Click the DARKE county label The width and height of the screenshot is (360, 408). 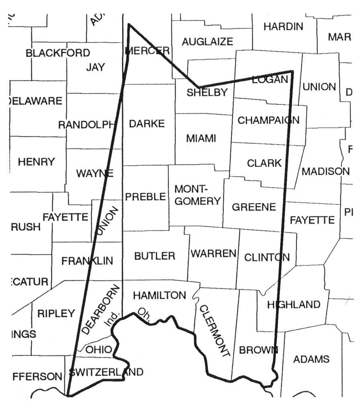point(147,124)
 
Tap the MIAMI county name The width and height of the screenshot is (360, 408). point(201,139)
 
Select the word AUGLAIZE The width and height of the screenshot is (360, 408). point(207,41)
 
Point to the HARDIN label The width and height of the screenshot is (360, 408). point(283,27)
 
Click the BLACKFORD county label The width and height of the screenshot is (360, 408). point(58,53)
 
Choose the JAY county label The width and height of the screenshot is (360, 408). point(95,67)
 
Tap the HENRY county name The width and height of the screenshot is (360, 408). point(36,162)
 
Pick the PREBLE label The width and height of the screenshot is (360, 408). point(145,197)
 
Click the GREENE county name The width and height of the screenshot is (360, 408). point(254,207)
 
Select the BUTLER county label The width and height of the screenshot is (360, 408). point(155,256)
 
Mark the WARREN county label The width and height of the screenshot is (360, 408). point(213,253)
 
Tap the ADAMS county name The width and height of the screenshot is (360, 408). point(311,359)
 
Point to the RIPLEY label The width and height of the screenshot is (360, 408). point(56,313)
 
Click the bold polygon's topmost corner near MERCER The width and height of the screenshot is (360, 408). point(129,24)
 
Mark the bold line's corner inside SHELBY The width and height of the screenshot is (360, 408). point(198,87)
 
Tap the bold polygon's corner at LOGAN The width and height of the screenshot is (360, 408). point(292,71)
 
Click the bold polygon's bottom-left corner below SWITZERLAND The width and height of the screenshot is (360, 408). point(69,396)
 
